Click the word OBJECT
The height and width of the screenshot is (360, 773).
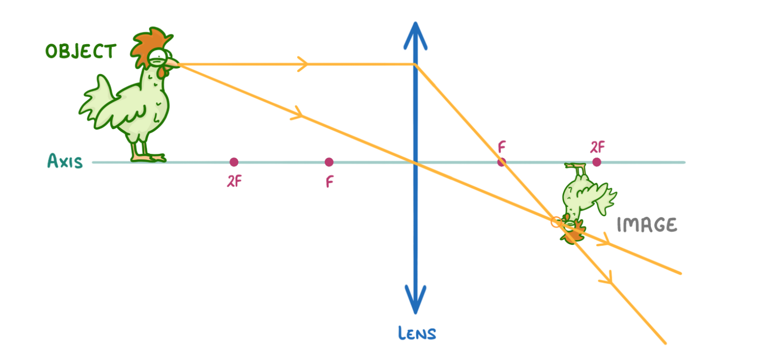pos(80,51)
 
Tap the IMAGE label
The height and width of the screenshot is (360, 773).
pos(646,225)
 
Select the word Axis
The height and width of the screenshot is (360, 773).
pos(65,161)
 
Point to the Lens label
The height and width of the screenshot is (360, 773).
pos(417,334)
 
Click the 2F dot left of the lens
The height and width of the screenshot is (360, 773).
pos(234,162)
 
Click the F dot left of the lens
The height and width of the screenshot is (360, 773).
pos(329,162)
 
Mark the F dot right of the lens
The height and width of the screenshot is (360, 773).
pos(501,162)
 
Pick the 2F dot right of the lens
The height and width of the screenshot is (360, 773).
pos(596,162)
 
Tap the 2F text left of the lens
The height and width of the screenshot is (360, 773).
pos(234,181)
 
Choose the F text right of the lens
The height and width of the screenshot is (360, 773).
pos(501,147)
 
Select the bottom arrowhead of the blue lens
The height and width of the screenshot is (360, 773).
pos(415,298)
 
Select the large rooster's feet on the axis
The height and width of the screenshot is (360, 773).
pos(147,157)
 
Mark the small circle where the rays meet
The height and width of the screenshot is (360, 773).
pos(556,222)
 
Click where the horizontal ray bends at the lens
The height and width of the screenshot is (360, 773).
pos(415,64)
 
